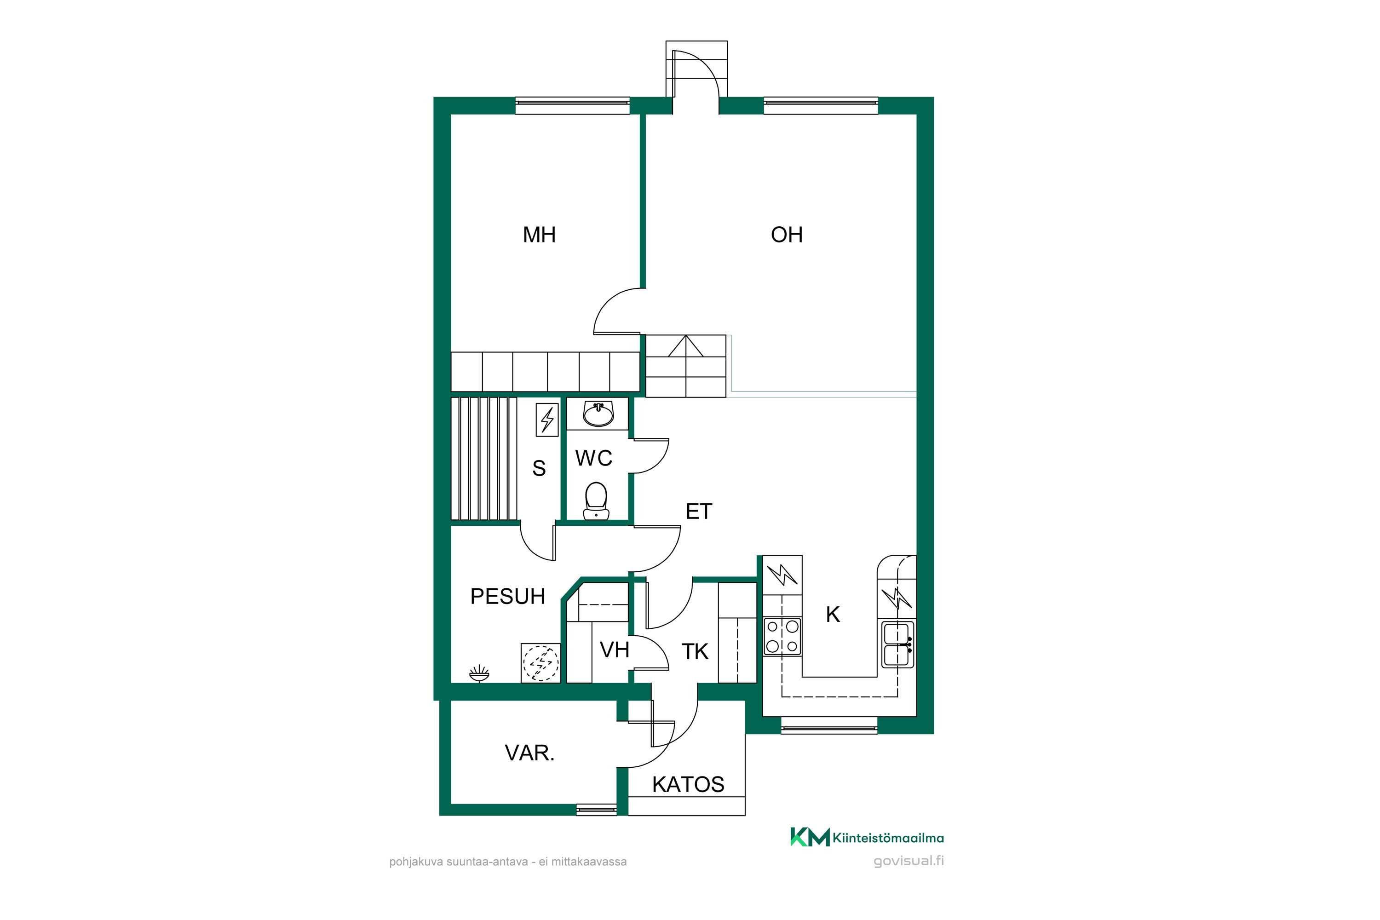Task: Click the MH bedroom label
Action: (x=539, y=235)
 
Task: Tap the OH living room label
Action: (x=786, y=235)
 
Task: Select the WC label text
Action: (x=594, y=458)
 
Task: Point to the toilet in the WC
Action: (x=596, y=500)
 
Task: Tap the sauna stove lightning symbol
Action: (x=547, y=419)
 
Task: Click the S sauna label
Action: (x=539, y=468)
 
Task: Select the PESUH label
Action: (x=507, y=596)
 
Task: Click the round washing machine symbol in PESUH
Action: (x=540, y=663)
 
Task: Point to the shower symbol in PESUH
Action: (x=479, y=673)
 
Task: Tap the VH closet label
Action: (x=614, y=650)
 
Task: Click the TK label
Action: (x=695, y=651)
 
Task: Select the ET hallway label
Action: (x=699, y=512)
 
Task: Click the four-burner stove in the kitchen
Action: (x=782, y=636)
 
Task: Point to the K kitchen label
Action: (x=833, y=614)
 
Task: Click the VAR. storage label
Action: (x=530, y=753)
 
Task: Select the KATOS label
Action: (x=688, y=784)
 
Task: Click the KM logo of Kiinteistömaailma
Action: (x=810, y=837)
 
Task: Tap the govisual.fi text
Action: (x=909, y=861)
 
